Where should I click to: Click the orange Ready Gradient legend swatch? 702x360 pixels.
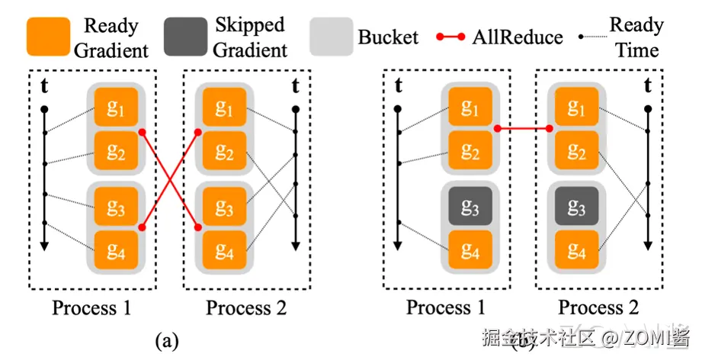(48, 37)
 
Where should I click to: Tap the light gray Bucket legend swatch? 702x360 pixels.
(332, 37)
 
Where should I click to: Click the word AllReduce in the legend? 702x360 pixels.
(518, 37)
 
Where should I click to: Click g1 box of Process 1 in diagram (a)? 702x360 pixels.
(116, 108)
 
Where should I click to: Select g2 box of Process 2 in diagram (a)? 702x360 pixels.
(223, 152)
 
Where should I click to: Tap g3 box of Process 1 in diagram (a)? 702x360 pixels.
(116, 207)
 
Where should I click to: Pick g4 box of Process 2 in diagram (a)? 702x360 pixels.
(223, 249)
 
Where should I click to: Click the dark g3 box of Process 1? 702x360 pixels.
(470, 207)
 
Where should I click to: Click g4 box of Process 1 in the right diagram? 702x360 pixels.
(470, 249)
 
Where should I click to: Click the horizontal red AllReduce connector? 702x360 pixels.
(524, 129)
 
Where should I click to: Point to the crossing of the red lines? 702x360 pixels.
(171, 179)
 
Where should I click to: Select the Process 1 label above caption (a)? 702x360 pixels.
(91, 308)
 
